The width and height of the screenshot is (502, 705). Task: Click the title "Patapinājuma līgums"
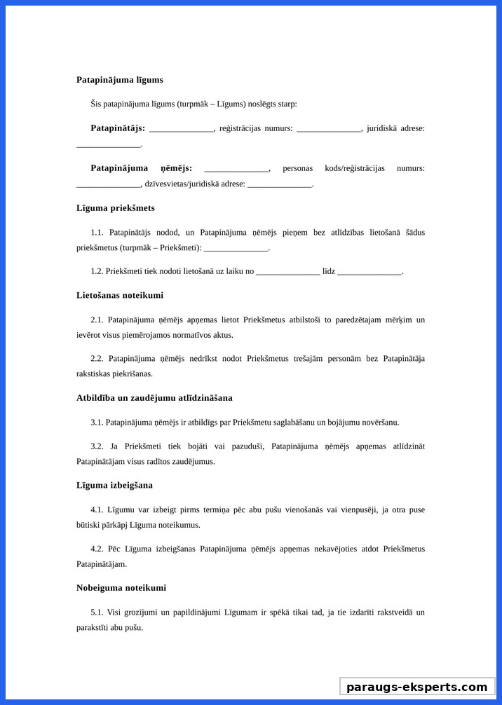120,80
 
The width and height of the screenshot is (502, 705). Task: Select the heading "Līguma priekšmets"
116,208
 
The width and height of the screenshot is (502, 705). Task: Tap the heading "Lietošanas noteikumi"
120,296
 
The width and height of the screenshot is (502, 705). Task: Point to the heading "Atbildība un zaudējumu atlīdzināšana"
154,398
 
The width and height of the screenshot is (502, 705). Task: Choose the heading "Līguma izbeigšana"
114,486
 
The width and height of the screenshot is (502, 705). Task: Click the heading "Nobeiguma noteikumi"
121,588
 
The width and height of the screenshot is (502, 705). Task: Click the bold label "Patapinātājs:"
118,128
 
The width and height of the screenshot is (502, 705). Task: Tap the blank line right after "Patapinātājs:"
182,130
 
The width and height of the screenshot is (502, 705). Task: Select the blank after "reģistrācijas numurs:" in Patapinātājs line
329,130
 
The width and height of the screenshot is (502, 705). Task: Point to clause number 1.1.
97,233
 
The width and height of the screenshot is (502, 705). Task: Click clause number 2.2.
97,359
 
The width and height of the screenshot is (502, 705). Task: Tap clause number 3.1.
97,423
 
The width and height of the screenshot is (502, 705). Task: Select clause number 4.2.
97,549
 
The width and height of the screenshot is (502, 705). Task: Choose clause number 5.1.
97,612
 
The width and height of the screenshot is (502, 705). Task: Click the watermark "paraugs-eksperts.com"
417,687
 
